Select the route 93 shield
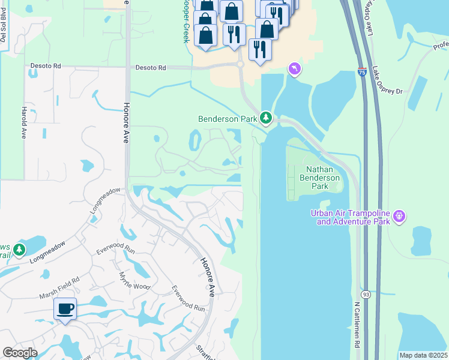(x=365, y=294)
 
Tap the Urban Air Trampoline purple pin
(x=400, y=215)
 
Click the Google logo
(x=20, y=353)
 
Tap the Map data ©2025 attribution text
(x=423, y=355)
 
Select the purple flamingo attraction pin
(x=294, y=70)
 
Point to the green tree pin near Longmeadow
(x=20, y=249)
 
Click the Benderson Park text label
(x=228, y=119)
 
